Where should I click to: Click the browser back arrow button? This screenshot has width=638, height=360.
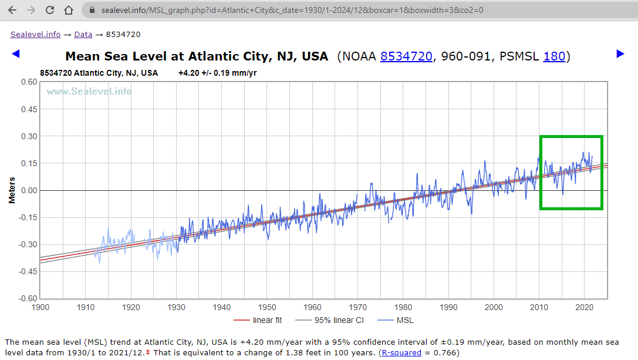pyautogui.click(x=12, y=11)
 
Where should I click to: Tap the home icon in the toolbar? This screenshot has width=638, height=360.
pyautogui.click(x=69, y=11)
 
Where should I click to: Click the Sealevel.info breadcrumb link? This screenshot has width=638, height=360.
pyautogui.click(x=35, y=35)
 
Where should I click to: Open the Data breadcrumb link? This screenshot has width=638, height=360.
pyautogui.click(x=83, y=35)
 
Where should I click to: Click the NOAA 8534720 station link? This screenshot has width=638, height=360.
pyautogui.click(x=406, y=56)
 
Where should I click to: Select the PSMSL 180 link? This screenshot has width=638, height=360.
pyautogui.click(x=554, y=56)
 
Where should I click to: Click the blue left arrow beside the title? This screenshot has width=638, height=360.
pyautogui.click(x=16, y=54)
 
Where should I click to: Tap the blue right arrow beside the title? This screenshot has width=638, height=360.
pyautogui.click(x=620, y=54)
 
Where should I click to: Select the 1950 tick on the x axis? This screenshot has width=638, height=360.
pyautogui.click(x=267, y=307)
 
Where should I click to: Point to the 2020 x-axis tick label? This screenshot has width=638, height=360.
pyautogui.click(x=584, y=307)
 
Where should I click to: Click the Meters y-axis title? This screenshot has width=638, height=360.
pyautogui.click(x=12, y=190)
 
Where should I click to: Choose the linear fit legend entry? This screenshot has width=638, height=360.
pyautogui.click(x=267, y=320)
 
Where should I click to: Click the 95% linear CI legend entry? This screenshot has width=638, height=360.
pyautogui.click(x=337, y=320)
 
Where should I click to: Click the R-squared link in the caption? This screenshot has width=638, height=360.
pyautogui.click(x=401, y=352)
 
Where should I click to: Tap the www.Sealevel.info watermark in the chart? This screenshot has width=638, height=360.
pyautogui.click(x=89, y=91)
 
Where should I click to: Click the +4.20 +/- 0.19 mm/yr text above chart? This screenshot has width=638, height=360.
pyautogui.click(x=217, y=73)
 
